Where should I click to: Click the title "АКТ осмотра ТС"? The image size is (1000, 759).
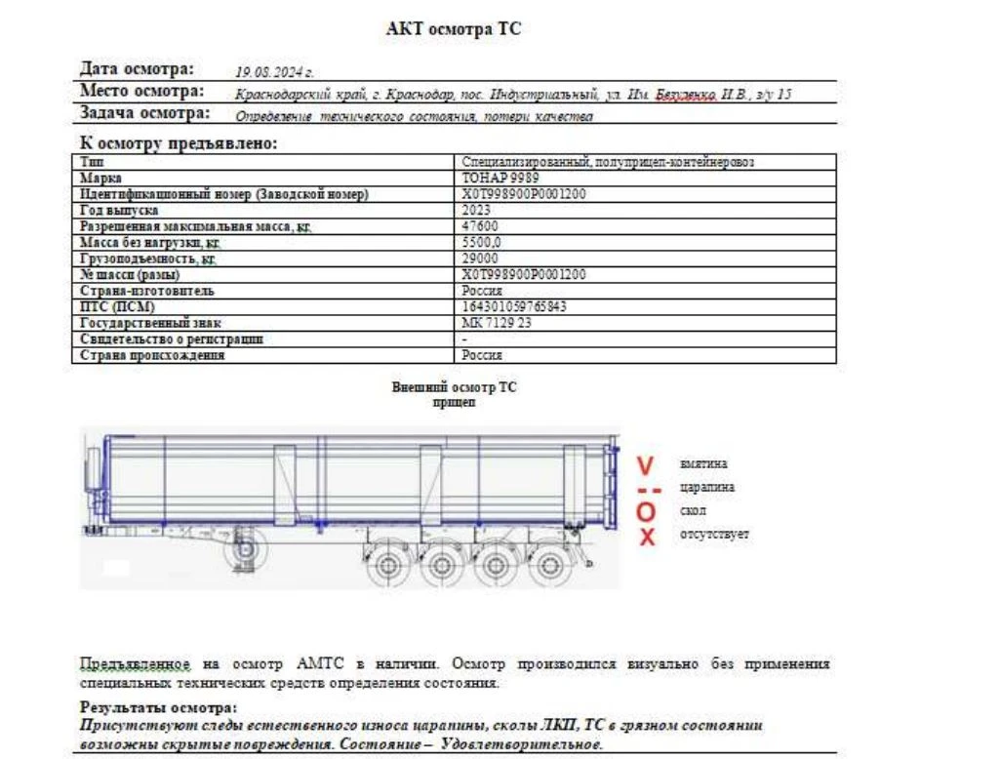454,29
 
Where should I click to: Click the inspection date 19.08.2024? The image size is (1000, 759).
274,72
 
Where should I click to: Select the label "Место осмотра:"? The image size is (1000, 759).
141,92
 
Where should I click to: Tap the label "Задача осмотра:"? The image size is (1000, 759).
144,113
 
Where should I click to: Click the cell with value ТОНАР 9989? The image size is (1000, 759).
500,179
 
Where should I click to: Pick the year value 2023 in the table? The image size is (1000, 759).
475,211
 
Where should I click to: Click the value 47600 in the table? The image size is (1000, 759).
479,226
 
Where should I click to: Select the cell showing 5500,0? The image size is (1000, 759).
481,243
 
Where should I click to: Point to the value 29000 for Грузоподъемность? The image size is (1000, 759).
479,259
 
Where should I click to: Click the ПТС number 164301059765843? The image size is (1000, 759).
513,306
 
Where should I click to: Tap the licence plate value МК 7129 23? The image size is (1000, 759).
496,323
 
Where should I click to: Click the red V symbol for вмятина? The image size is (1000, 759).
645,463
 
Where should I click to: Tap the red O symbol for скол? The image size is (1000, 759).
645,511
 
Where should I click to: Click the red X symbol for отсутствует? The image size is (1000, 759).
646,536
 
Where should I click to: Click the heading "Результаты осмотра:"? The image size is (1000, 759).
158,707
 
